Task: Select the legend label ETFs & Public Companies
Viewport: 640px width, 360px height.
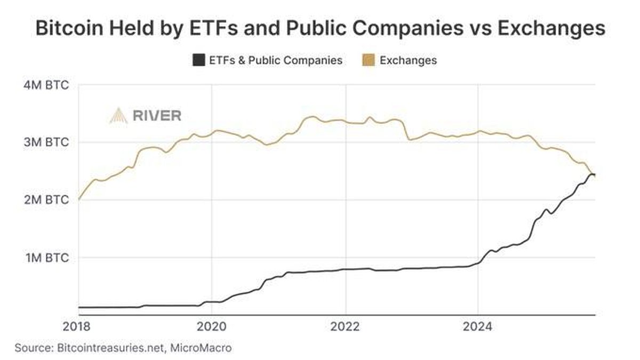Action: pos(275,60)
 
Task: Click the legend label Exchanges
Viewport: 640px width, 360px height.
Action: pos(408,60)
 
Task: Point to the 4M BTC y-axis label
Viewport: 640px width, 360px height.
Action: pos(46,85)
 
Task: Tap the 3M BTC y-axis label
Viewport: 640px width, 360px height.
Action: pos(46,142)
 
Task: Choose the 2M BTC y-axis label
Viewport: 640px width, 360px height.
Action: pos(46,200)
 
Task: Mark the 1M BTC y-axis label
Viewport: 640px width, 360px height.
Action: pos(46,258)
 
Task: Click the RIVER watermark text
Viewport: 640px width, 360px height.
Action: pos(157,115)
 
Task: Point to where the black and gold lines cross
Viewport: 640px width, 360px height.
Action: pos(593,175)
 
